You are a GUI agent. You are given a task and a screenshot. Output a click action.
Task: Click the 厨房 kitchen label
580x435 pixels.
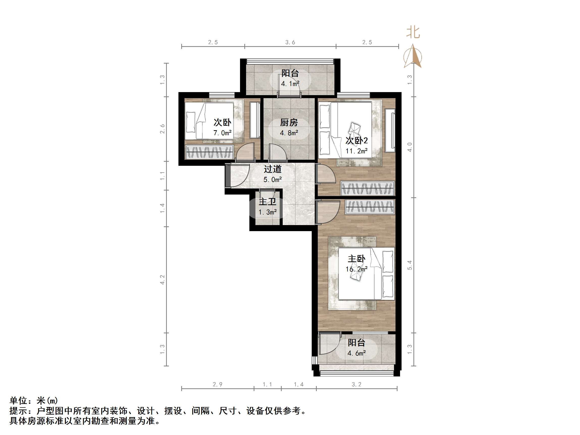pyautogui.click(x=289, y=122)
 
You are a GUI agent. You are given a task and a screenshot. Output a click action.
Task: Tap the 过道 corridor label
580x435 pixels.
pyautogui.click(x=272, y=169)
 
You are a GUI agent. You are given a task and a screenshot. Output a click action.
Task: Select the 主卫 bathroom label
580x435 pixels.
pyautogui.click(x=268, y=202)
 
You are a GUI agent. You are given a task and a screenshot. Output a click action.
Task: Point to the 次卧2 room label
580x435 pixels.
pyautogui.click(x=356, y=141)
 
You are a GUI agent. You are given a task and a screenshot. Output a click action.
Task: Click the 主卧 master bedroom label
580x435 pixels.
pyautogui.click(x=356, y=259)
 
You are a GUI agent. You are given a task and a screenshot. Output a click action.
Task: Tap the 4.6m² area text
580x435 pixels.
pyautogui.click(x=356, y=353)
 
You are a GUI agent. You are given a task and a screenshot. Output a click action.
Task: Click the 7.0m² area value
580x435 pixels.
pyautogui.click(x=222, y=133)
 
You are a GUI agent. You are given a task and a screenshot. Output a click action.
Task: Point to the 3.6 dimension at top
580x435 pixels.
pyautogui.click(x=290, y=42)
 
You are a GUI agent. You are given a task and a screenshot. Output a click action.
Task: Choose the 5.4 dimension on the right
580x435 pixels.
pyautogui.click(x=410, y=265)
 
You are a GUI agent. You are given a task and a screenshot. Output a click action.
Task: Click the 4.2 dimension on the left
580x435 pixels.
pyautogui.click(x=162, y=280)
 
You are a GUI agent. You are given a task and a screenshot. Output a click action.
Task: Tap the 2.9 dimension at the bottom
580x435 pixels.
pyautogui.click(x=217, y=384)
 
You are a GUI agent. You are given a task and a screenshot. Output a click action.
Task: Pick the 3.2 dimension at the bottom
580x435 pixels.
pyautogui.click(x=356, y=384)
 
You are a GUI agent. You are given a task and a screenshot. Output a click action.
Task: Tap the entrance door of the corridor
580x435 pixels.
pyautogui.click(x=237, y=175)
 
